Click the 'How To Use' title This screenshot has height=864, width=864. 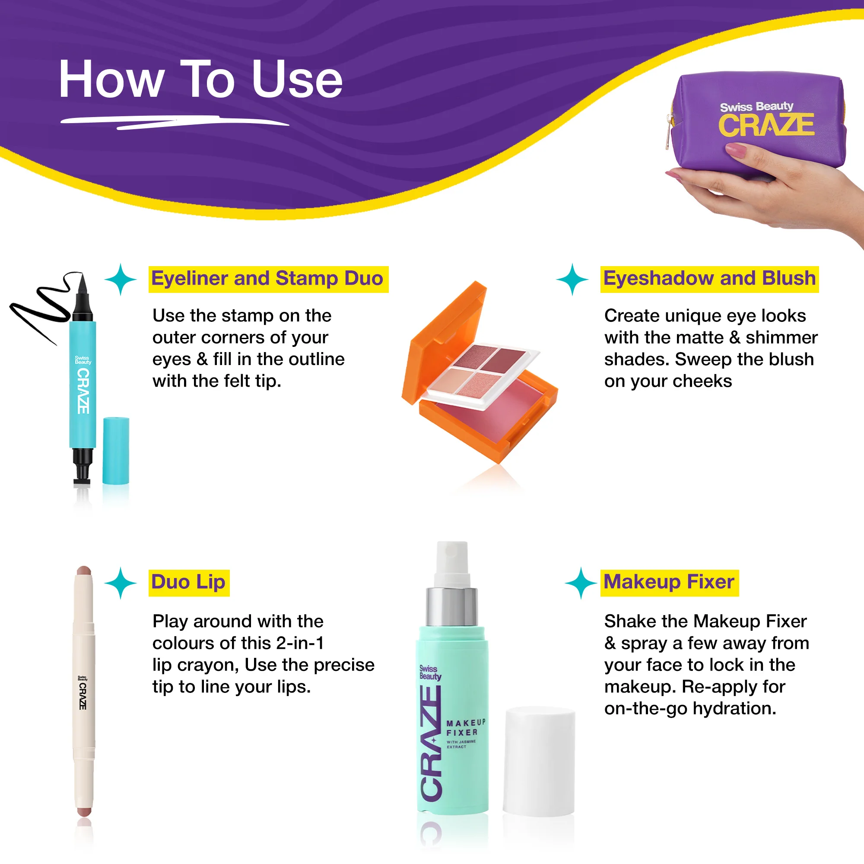coord(201,79)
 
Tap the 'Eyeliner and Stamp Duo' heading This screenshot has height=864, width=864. coord(267,279)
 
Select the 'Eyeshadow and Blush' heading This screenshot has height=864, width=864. coord(709,279)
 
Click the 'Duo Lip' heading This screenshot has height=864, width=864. coord(188,582)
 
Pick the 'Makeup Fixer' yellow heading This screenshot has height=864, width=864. coord(669,582)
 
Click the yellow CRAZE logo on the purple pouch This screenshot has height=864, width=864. coord(766,125)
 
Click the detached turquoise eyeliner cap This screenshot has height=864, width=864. coord(116,450)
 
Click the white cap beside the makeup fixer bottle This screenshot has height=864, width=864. coord(539,761)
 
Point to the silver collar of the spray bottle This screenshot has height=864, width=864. coord(452,607)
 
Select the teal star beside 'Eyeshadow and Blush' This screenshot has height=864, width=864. coord(572,280)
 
